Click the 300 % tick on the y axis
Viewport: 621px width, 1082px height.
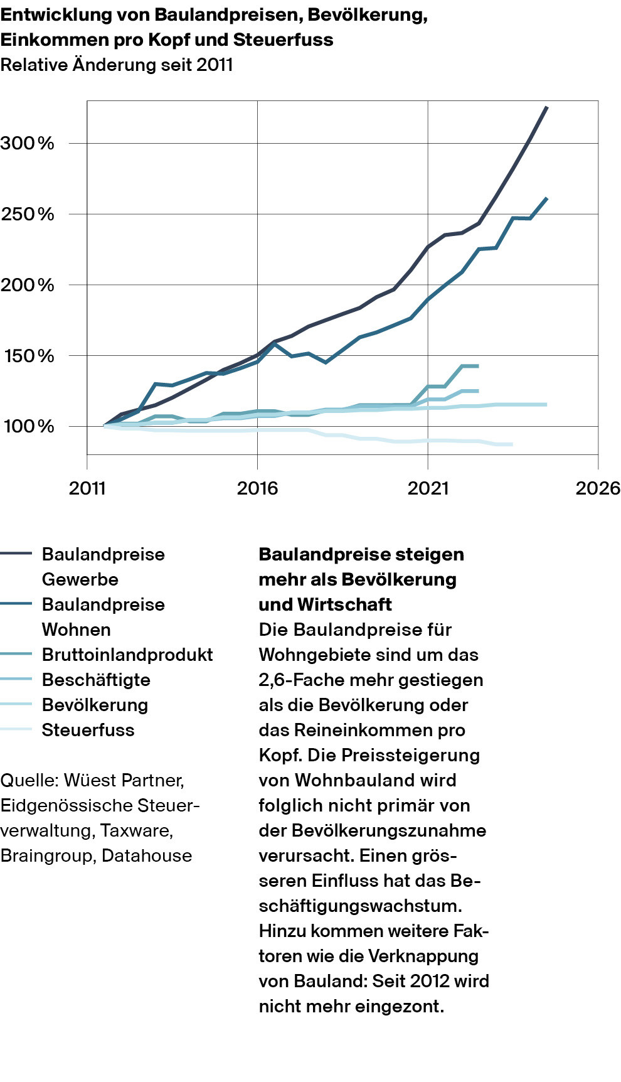(x=28, y=143)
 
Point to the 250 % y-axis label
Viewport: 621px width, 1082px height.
(x=28, y=214)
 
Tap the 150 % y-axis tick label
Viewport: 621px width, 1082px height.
(x=29, y=356)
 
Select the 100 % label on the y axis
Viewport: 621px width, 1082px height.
(x=29, y=427)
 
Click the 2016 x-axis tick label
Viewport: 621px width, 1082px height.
(x=257, y=488)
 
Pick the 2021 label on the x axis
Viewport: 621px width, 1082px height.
(x=428, y=488)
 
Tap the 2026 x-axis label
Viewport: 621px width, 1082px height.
(x=597, y=488)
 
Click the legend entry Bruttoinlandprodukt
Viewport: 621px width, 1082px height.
(x=127, y=655)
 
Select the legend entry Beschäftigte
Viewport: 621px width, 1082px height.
(x=96, y=680)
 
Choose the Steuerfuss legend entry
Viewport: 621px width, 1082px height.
(x=88, y=730)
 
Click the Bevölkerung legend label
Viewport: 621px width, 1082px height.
(x=95, y=705)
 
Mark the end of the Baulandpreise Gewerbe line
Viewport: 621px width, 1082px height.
(x=548, y=107)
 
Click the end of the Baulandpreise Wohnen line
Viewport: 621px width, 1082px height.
(x=548, y=198)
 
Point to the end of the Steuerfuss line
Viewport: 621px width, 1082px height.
(x=512, y=444)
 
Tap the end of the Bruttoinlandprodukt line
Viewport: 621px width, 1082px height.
(x=479, y=366)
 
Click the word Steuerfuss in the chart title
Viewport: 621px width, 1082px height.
(x=283, y=40)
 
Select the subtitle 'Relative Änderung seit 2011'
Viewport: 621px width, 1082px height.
(x=117, y=65)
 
